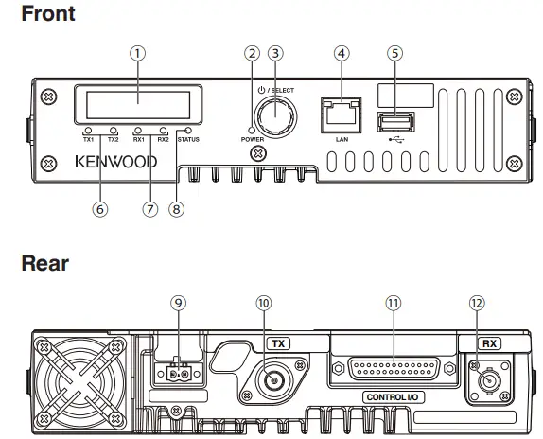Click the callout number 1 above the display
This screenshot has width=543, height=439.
pos(139,53)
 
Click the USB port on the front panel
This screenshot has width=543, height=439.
pos(394,122)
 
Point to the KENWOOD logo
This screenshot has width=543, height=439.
pos(115,162)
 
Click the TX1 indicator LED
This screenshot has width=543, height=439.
pos(87,130)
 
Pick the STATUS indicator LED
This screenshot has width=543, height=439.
pos(188,130)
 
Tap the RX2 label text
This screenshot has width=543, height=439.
pos(163,140)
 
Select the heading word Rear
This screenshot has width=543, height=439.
pos(44,264)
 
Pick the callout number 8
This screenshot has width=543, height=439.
pos(175,210)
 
